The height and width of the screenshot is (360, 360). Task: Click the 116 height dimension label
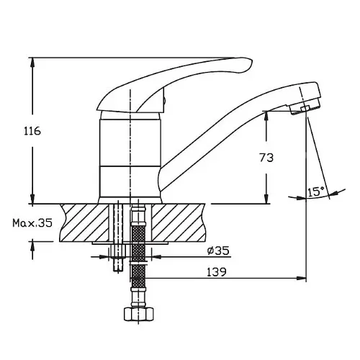click(32, 131)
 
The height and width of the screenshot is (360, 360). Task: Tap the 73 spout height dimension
click(266, 158)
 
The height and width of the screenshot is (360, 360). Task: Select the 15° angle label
click(316, 192)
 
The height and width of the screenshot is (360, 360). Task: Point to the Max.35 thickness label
click(32, 223)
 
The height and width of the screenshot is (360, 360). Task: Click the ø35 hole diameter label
click(218, 251)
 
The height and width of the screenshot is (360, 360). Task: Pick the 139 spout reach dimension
click(217, 272)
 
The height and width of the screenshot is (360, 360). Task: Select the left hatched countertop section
click(84, 222)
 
